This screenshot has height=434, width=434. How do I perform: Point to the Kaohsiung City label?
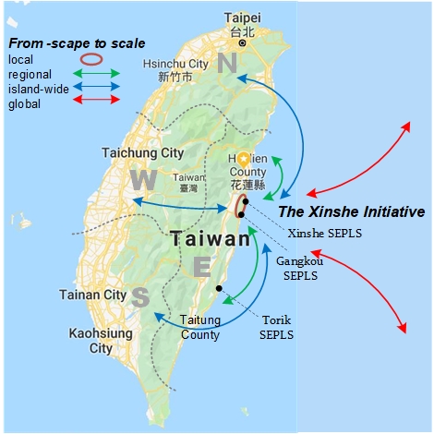pos(101,341)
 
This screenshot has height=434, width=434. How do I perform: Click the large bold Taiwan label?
pos(210,238)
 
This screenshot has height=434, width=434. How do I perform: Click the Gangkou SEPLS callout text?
pos(297,269)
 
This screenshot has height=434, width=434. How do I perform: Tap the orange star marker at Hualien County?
pos(243,159)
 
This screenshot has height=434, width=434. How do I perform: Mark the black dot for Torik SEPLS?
pos(219,288)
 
